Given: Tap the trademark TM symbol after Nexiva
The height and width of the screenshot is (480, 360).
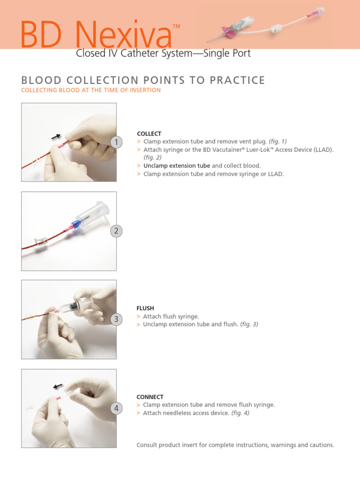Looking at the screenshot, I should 176,27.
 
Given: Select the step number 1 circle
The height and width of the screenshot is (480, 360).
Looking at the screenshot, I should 117,142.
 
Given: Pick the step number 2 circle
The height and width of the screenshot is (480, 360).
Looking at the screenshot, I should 117,231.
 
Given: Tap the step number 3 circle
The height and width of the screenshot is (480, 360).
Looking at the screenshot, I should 117,319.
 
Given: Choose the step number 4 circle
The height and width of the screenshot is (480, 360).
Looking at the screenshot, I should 117,408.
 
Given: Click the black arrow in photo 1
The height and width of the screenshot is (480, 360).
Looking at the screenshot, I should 56,136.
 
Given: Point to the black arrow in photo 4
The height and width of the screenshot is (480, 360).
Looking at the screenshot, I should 58,386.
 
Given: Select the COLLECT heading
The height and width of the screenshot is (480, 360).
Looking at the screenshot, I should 149,134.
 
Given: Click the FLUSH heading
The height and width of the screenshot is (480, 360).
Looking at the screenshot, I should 145,308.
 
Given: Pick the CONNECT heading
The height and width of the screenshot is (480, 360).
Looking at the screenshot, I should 150,397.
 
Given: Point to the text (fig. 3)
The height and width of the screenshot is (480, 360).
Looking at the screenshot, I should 249,324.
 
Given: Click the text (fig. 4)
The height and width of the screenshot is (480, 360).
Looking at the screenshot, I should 240,413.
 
